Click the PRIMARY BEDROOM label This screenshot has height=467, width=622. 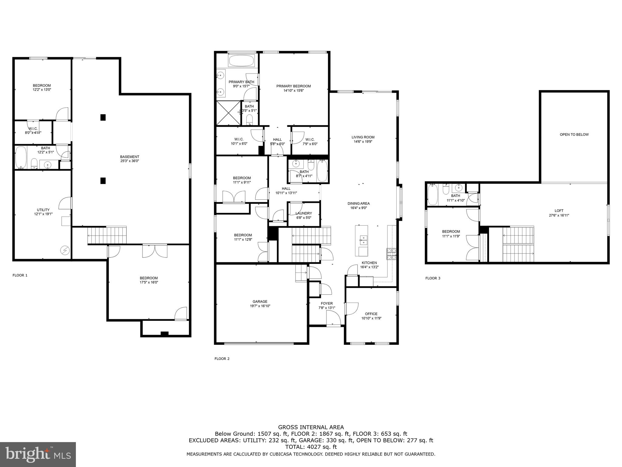point(293,86)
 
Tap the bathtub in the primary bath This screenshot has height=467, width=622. point(241,61)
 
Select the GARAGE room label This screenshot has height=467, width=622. point(260,302)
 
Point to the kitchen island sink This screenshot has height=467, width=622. point(363,240)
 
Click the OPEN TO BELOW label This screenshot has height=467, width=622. point(574,134)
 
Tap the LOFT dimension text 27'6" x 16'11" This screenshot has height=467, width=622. point(559,215)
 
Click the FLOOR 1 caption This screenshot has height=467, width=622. point(20,275)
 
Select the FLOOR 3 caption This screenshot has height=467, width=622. point(433,278)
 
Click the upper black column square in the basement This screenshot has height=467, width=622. point(103,117)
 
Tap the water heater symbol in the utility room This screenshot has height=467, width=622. point(65,250)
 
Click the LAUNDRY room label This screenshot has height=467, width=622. point(304,213)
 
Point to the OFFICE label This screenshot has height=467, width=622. point(371,314)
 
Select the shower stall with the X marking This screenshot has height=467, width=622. point(228,113)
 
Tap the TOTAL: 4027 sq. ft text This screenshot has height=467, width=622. point(311,447)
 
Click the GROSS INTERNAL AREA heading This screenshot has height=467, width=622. point(311,427)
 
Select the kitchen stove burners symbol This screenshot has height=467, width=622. point(391,254)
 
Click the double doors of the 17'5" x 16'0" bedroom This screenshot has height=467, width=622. point(155,250)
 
